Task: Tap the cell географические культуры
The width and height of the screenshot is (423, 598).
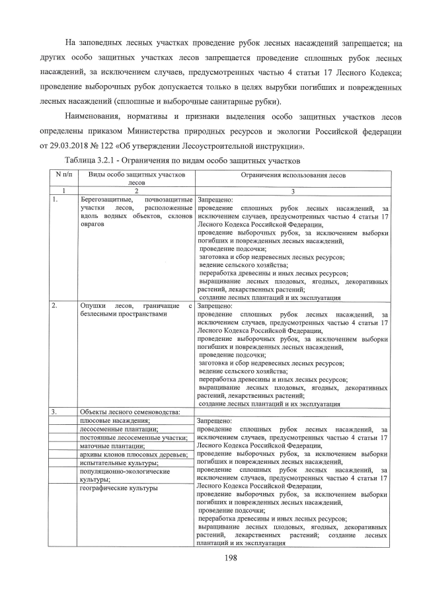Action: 119,488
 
